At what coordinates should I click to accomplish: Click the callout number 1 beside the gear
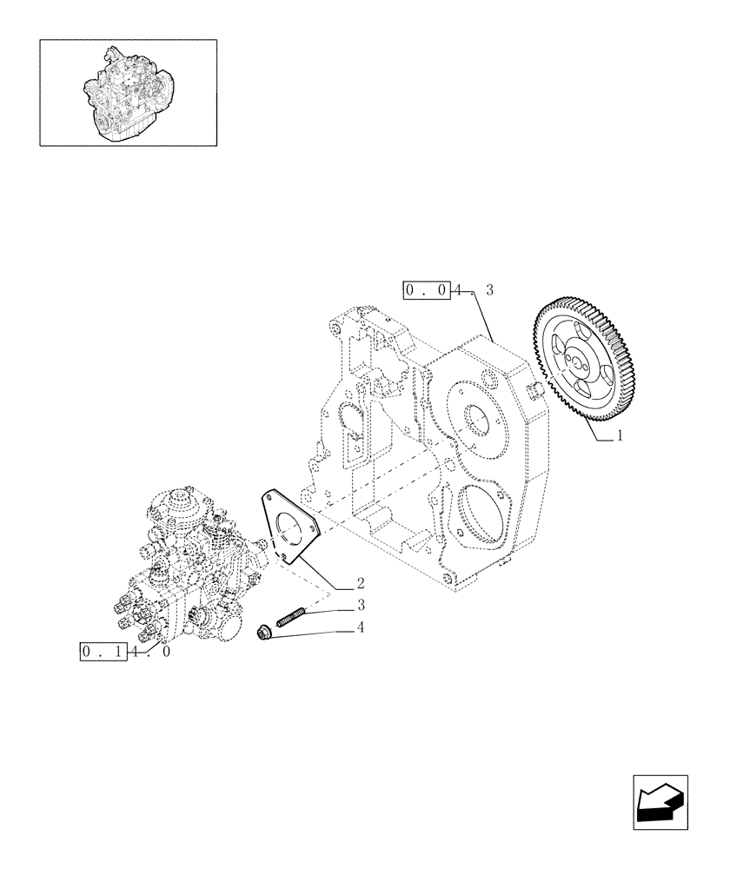click(620, 438)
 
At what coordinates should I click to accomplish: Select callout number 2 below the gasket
click(359, 582)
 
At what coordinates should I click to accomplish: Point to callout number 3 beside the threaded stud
click(359, 605)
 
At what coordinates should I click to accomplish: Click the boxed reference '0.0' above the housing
click(427, 290)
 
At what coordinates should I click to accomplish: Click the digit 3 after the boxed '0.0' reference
click(489, 290)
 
